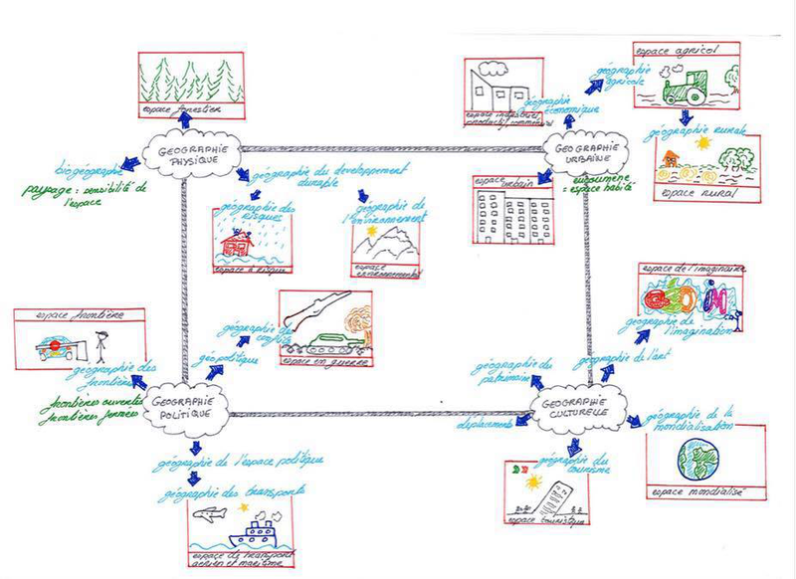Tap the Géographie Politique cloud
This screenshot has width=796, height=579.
185,402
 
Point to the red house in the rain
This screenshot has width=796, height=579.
239,241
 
